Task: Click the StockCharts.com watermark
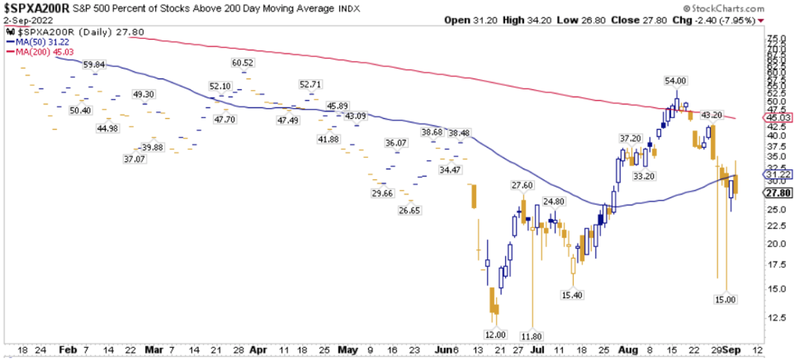pos(730,8)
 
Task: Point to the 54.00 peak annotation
pos(675,81)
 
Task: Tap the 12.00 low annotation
pos(495,334)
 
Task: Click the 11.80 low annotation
pos(533,336)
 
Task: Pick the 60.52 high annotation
pos(242,62)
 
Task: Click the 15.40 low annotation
pos(572,294)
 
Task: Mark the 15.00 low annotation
pos(725,299)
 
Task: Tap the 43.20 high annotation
pos(711,115)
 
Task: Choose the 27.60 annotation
pos(522,185)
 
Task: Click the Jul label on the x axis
pos(537,350)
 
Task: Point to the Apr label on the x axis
pos(259,350)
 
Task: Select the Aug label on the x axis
pos(627,350)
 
